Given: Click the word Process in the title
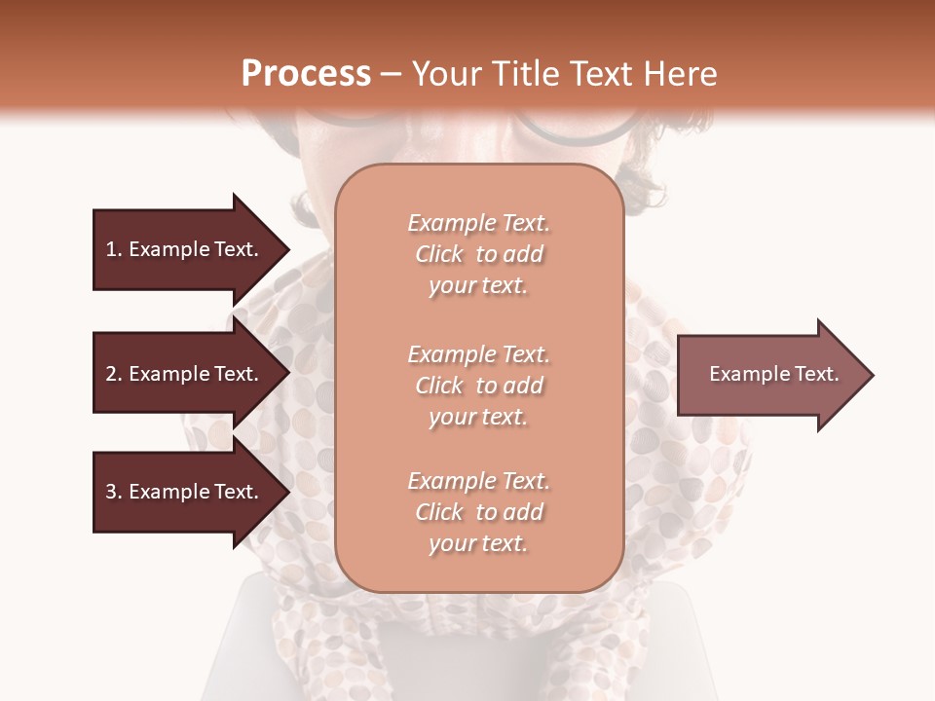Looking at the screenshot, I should [306, 74].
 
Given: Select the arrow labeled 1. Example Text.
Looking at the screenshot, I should [185, 249].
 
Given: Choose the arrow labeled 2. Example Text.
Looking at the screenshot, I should [185, 374].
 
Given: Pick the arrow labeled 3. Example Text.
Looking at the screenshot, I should [185, 492].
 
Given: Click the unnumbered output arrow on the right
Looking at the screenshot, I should [769, 375].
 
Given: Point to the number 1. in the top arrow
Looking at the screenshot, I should [114, 249].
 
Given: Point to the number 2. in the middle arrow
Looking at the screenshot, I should [114, 374].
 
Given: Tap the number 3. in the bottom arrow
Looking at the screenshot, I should [114, 492].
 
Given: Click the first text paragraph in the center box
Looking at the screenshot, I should [478, 254].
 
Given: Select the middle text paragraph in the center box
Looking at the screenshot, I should [478, 386].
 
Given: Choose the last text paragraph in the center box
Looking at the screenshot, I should [478, 512].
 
